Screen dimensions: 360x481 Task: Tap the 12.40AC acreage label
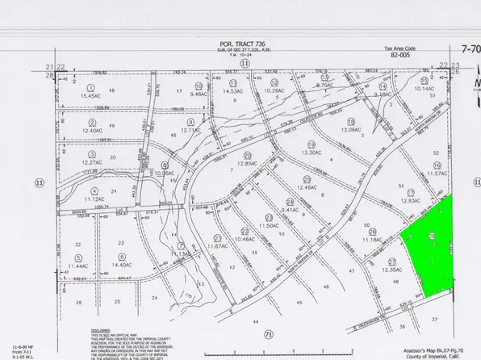click(x=92, y=131)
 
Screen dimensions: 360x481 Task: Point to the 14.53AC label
click(x=234, y=91)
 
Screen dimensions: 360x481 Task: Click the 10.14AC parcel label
click(x=424, y=88)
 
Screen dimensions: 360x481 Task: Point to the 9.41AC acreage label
click(x=291, y=208)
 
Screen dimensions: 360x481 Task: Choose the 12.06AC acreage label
click(x=352, y=129)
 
